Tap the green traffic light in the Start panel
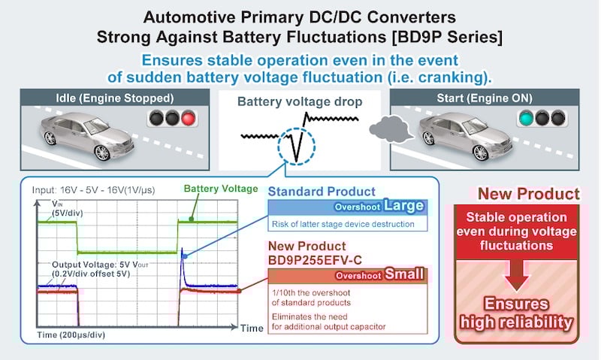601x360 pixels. pos(525,118)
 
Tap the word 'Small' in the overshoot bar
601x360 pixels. pos(404,275)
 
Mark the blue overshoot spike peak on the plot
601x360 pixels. pos(183,257)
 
